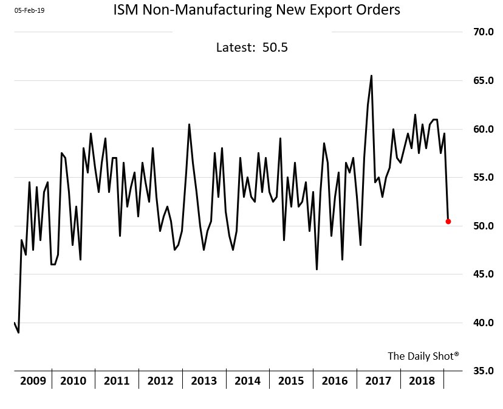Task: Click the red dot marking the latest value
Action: (x=448, y=221)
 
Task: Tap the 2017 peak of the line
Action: (x=371, y=76)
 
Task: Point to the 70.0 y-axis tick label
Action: (x=479, y=32)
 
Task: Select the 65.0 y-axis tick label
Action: (x=479, y=80)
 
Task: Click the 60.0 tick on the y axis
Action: (x=479, y=129)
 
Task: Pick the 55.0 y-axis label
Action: (x=479, y=177)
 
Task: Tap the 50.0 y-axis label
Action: (x=479, y=226)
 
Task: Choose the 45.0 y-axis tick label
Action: (x=479, y=274)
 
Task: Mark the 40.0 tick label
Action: (x=479, y=323)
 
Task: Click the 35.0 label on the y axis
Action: (x=479, y=371)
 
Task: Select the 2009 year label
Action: (x=33, y=381)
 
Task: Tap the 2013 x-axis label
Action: (x=204, y=381)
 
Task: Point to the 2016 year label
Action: (x=335, y=381)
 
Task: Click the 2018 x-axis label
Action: (x=422, y=381)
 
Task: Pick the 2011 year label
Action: (x=117, y=381)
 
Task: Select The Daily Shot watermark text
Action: (x=423, y=356)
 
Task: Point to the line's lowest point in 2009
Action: (x=19, y=332)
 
